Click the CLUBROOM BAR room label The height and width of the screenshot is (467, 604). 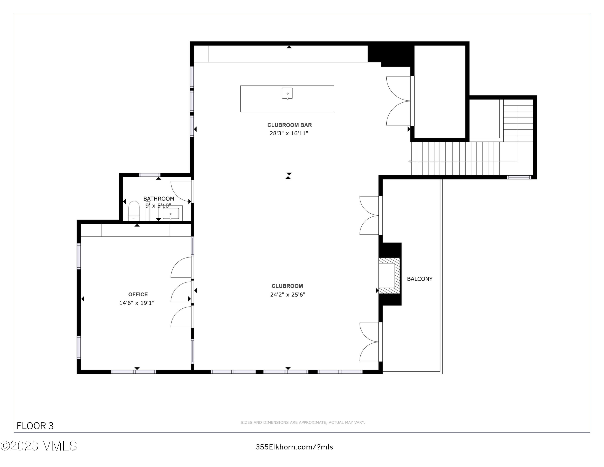coord(289,125)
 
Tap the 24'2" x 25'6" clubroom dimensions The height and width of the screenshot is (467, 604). coord(288,295)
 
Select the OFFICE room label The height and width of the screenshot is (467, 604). coord(138,294)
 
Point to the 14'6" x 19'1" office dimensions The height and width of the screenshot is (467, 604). coord(137,303)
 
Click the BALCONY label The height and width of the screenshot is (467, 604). coord(420,279)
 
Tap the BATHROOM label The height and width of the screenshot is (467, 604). coord(159,199)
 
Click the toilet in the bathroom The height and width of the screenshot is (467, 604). coord(134,211)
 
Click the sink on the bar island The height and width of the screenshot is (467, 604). coord(287,93)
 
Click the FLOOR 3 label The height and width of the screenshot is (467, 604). coord(35,426)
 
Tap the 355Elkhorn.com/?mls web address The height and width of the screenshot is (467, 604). coord(294,447)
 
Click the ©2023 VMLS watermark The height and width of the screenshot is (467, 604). coord(38,446)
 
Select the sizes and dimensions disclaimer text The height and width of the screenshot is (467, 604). coord(303,422)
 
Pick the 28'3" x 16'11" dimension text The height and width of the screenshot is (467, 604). coord(289,133)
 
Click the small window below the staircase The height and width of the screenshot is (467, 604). coord(519,177)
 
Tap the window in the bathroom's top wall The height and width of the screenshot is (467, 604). coord(150,175)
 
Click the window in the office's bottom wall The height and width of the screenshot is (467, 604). coord(134,372)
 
